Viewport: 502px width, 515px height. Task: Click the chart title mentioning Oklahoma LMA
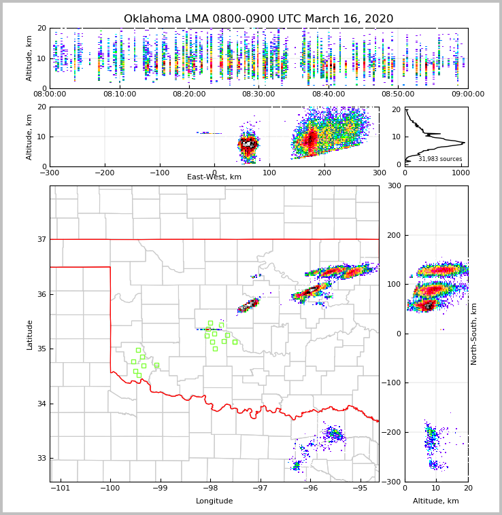tap(258, 19)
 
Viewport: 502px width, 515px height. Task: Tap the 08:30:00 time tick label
tap(258, 94)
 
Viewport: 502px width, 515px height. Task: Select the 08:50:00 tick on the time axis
tap(398, 94)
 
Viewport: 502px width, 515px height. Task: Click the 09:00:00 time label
tap(468, 94)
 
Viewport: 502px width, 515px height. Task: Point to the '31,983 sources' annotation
tap(440, 159)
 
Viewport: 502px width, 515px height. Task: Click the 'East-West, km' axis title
tap(214, 177)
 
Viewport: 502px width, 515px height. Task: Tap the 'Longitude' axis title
tap(214, 501)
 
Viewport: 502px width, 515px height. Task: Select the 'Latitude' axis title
tap(30, 334)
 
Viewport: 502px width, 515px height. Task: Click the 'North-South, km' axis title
tap(474, 334)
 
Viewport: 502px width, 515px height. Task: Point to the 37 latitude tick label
tap(41, 239)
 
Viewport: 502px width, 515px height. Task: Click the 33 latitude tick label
tap(41, 458)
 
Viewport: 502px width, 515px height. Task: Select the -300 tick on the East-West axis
tap(50, 173)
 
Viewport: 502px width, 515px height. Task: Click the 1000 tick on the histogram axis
tap(461, 173)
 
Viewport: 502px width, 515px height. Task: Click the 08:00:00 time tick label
tap(50, 94)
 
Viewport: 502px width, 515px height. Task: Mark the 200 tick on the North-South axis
tap(394, 235)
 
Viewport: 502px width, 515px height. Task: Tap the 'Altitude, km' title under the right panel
tap(436, 501)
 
